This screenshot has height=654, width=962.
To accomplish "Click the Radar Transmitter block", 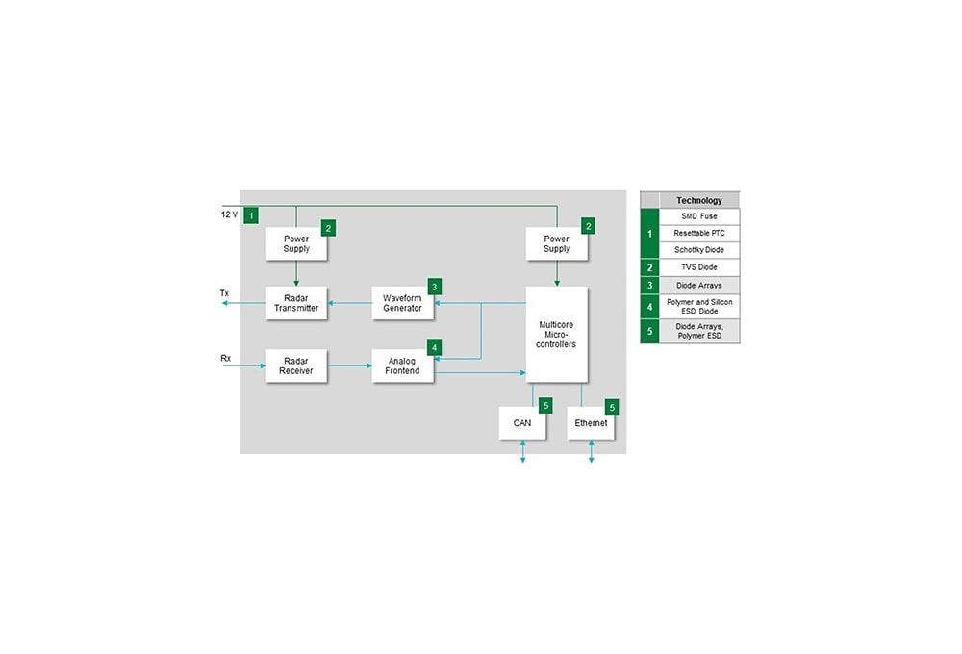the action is [x=296, y=303].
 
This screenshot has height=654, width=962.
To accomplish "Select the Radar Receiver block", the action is [x=296, y=365].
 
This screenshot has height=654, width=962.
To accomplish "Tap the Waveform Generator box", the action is [x=402, y=303].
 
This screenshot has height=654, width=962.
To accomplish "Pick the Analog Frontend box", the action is [x=402, y=365].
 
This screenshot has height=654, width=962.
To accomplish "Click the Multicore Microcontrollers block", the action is [x=557, y=333].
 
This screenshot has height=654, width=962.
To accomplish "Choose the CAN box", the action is [x=522, y=422].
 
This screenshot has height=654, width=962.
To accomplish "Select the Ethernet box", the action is [x=591, y=422].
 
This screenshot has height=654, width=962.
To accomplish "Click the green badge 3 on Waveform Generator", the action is [x=435, y=287].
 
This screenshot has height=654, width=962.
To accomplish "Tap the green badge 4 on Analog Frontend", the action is [x=435, y=347].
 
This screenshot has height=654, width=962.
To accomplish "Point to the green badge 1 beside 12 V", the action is [x=250, y=215].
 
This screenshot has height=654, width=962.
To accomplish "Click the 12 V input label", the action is [x=229, y=214].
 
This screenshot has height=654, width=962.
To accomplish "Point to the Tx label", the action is [x=224, y=292].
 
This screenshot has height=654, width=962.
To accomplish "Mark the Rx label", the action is [x=225, y=359].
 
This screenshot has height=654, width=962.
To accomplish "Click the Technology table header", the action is [x=699, y=201].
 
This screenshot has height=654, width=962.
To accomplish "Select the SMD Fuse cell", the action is [x=699, y=216].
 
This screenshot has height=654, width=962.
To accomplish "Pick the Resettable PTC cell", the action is [x=699, y=233].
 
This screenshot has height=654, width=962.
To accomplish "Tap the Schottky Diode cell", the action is [x=699, y=250].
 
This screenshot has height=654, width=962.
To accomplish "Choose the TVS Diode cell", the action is [x=699, y=267].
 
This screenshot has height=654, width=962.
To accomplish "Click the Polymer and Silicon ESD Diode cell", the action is [x=699, y=306].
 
